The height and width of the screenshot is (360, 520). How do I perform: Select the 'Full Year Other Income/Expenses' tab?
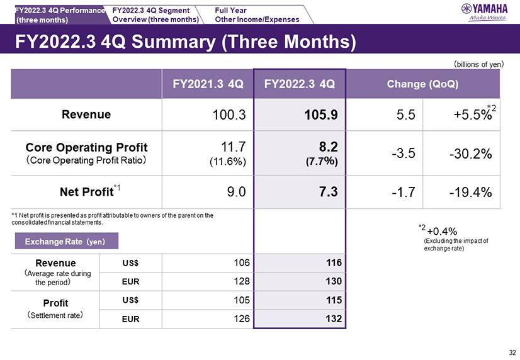coord(257,14)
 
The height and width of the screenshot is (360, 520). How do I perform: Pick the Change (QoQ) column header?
coord(422,84)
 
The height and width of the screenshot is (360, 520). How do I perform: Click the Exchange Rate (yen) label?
coord(64,241)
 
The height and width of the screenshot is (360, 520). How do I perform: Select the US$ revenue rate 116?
coord(334,261)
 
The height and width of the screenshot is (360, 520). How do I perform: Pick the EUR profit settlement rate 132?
coord(334,318)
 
